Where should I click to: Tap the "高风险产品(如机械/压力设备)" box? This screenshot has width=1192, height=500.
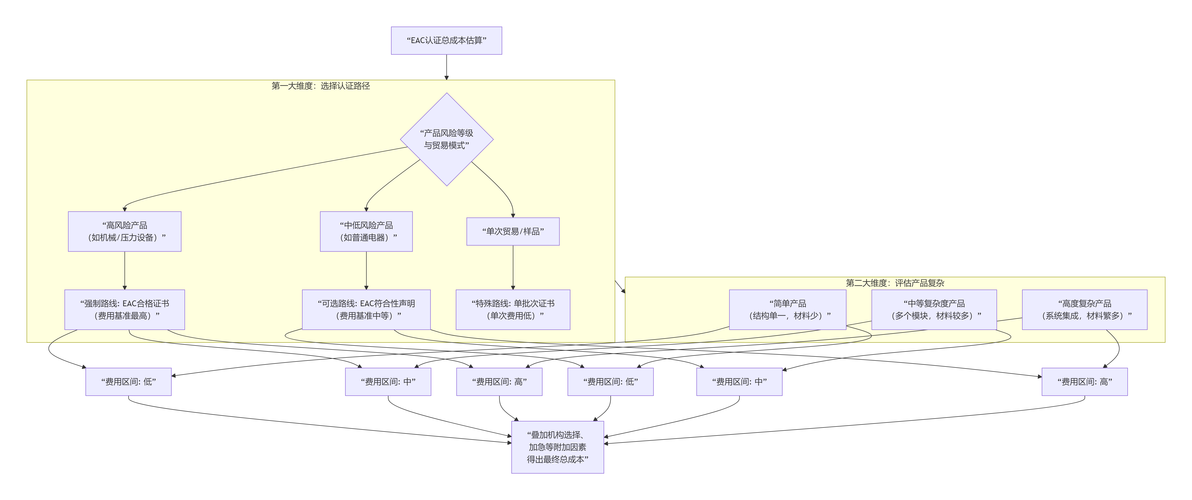click(x=124, y=231)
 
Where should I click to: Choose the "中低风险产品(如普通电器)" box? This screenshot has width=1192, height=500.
click(x=366, y=231)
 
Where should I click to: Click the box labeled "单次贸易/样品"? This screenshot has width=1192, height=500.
click(x=513, y=231)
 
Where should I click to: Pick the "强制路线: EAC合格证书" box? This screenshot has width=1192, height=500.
click(x=124, y=309)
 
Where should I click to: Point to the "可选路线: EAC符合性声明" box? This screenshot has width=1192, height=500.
click(x=366, y=309)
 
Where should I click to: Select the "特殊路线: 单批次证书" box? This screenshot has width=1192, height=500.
click(x=513, y=309)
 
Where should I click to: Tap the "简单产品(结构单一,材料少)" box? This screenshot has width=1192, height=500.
click(x=788, y=309)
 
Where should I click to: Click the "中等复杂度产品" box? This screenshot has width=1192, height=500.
click(x=934, y=309)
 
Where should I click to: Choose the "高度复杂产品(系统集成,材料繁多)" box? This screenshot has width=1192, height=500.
click(x=1084, y=309)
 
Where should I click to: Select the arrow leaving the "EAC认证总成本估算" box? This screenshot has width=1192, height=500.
click(x=447, y=67)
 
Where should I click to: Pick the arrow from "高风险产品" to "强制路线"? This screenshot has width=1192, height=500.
click(x=124, y=271)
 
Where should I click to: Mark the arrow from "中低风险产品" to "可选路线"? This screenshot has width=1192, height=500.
click(x=366, y=271)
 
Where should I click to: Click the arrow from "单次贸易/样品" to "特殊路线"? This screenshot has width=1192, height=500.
click(x=513, y=267)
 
